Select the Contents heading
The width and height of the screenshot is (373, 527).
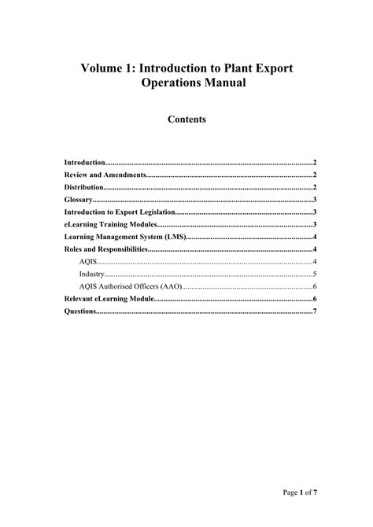tap(186, 120)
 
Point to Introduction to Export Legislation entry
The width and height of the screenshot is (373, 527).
tap(119, 212)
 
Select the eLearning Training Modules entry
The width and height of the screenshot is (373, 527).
tap(110, 224)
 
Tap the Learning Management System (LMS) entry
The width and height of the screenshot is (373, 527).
tap(124, 237)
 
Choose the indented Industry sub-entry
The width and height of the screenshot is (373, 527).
tap(92, 275)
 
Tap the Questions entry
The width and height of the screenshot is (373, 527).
tap(81, 311)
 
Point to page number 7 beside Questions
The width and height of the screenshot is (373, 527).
tap(315, 311)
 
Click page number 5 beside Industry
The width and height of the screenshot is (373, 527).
tap(315, 275)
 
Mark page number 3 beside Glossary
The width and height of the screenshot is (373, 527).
tap(315, 200)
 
